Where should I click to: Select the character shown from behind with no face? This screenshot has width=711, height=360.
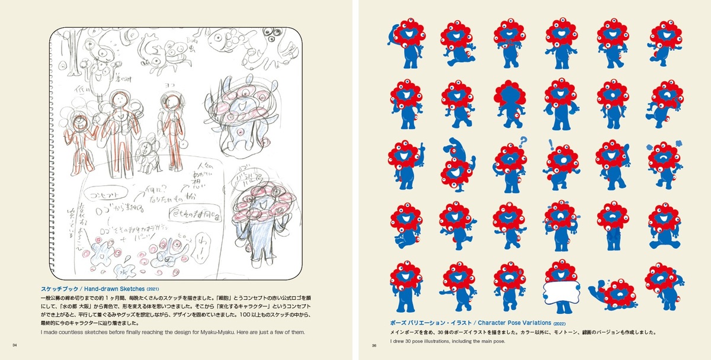click(x=509, y=104)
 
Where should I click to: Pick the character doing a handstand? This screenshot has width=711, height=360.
click(x=457, y=163)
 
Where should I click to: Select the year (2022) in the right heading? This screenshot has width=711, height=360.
click(x=561, y=324)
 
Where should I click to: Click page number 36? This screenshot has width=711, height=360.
click(x=373, y=346)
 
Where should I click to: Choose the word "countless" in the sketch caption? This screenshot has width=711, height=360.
click(x=71, y=332)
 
